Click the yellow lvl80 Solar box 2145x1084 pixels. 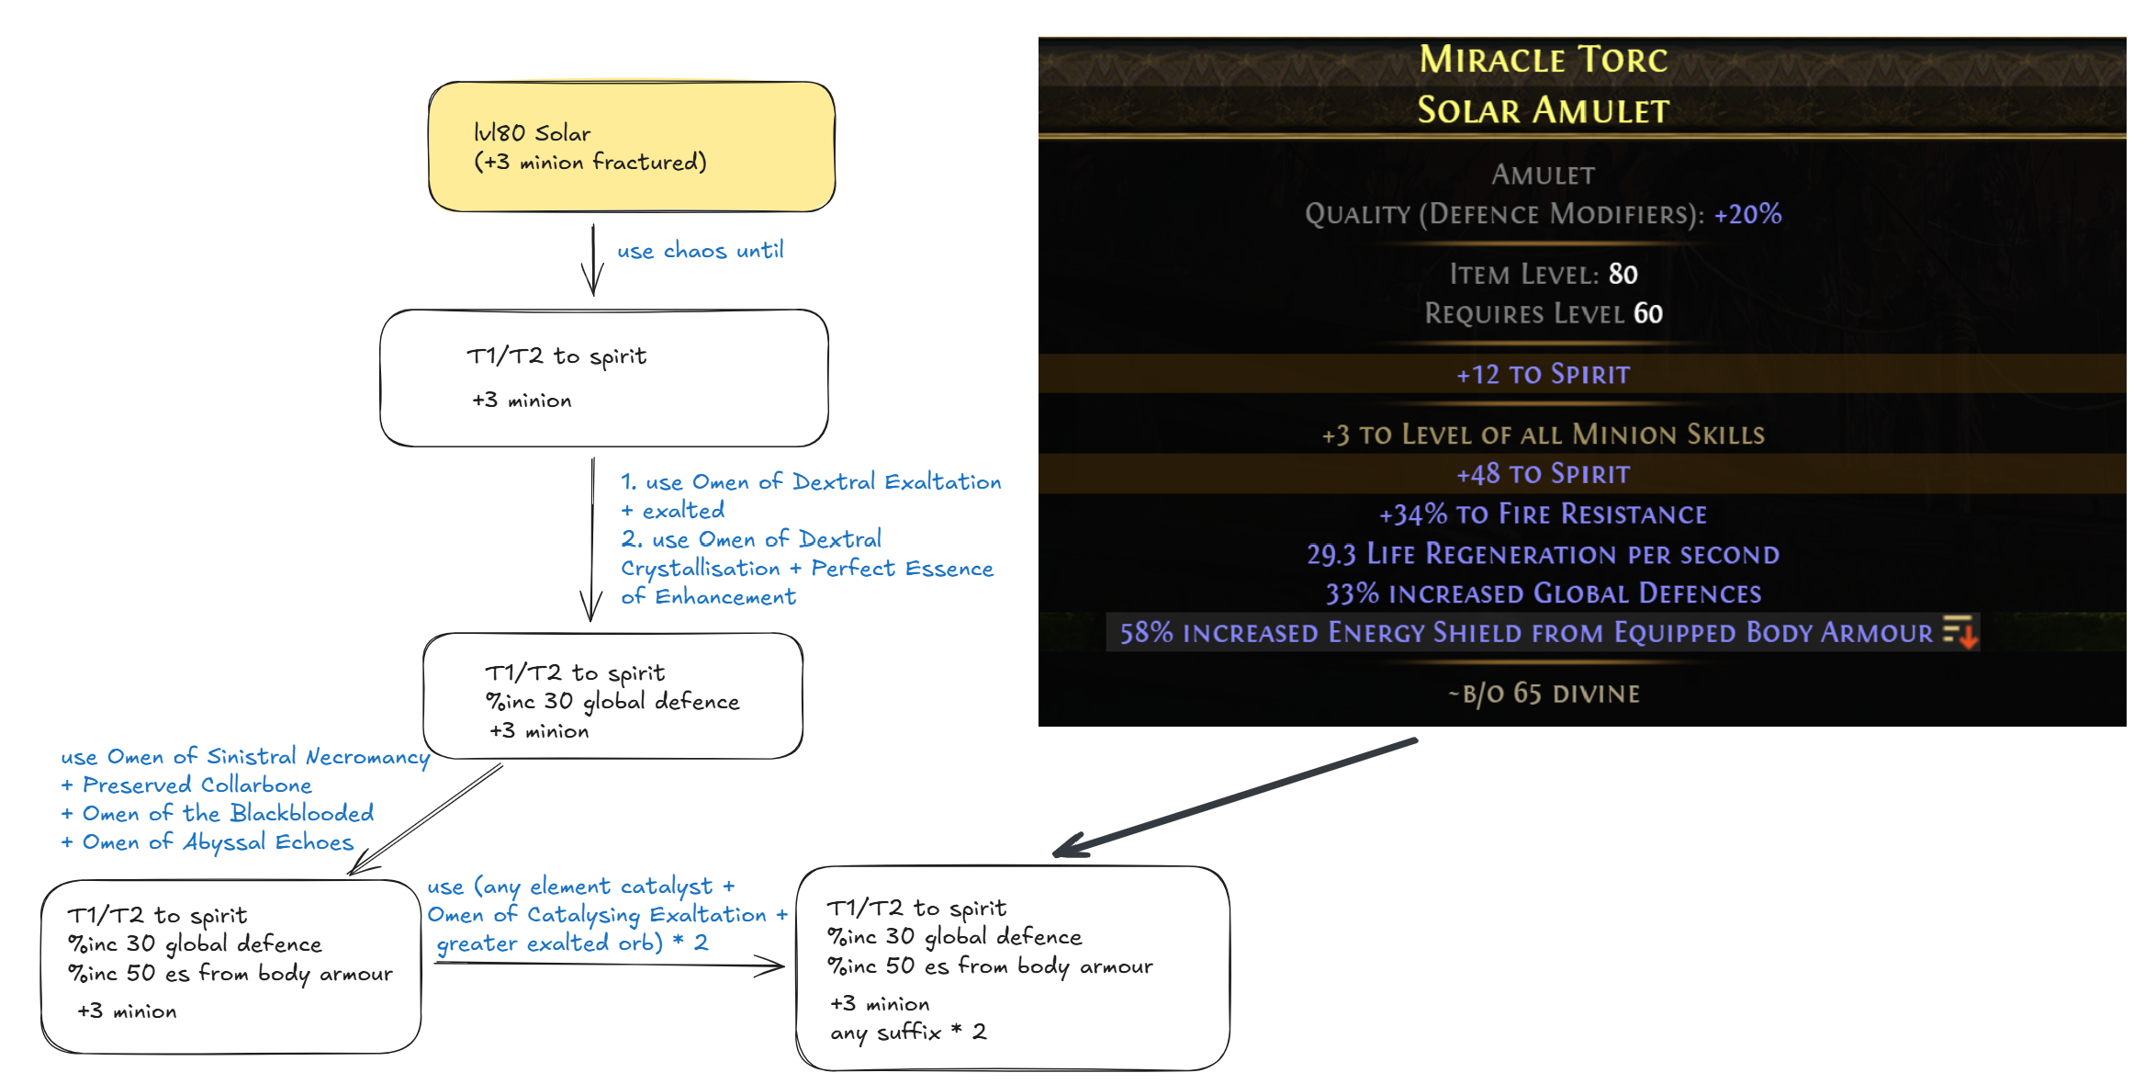[x=631, y=147]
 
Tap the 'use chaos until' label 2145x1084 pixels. [x=700, y=251]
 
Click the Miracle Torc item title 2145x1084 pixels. [x=1543, y=61]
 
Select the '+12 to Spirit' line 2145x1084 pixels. [x=1543, y=375]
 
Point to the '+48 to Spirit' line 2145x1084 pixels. [x=1543, y=474]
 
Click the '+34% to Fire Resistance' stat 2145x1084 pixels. [x=1543, y=514]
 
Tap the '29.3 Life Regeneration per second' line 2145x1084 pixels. [x=1543, y=555]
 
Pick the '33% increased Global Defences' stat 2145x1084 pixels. [x=1543, y=594]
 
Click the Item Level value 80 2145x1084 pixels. [x=1623, y=275]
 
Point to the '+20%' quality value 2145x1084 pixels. [x=1747, y=215]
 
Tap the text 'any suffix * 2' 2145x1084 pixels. [x=908, y=1033]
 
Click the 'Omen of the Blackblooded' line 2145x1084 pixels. [x=228, y=814]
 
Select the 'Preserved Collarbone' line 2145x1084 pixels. [x=197, y=785]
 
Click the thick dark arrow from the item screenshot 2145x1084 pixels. [x=1235, y=796]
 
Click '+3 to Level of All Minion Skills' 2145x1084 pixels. [x=1543, y=435]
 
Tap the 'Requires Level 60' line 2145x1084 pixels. [x=1543, y=314]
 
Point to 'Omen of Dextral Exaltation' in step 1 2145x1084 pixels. [x=846, y=482]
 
